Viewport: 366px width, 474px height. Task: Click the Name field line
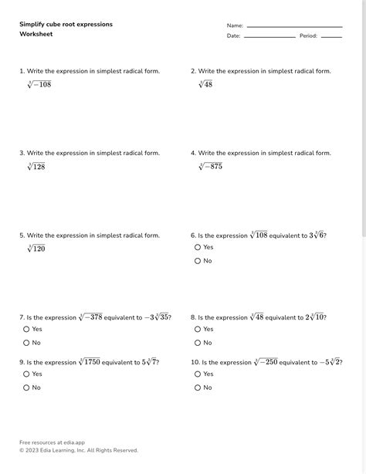click(x=293, y=27)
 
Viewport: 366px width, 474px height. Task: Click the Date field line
click(x=269, y=36)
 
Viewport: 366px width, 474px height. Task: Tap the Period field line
click(x=331, y=36)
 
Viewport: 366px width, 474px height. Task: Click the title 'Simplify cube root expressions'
click(x=66, y=25)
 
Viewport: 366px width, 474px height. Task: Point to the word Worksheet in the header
click(x=36, y=34)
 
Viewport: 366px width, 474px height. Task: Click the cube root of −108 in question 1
click(x=39, y=84)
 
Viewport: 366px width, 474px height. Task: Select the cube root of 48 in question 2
click(x=205, y=84)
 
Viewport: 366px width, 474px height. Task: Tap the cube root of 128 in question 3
click(x=36, y=166)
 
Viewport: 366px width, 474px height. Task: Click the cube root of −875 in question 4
click(x=210, y=166)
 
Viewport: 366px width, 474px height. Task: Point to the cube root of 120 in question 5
click(x=36, y=249)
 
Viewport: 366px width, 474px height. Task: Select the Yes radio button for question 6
click(x=198, y=247)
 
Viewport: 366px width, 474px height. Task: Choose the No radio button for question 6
click(x=198, y=261)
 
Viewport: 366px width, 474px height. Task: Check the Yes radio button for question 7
click(x=26, y=329)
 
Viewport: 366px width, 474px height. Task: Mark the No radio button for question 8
click(x=198, y=343)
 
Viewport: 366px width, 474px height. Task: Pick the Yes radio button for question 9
click(x=26, y=374)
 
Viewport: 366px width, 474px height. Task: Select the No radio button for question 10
click(x=198, y=388)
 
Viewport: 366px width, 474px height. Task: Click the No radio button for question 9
click(x=26, y=388)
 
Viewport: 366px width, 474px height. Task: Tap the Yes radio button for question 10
click(x=198, y=374)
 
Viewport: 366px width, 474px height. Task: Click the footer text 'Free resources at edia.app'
click(x=52, y=442)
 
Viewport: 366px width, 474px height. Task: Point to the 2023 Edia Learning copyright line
click(x=78, y=450)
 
